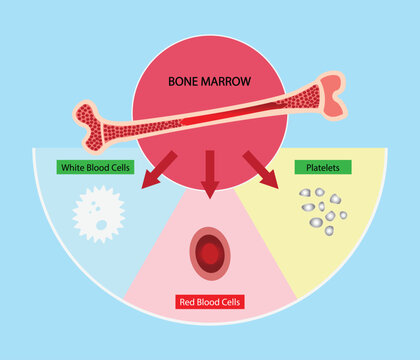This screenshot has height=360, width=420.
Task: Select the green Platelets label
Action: point(315,167)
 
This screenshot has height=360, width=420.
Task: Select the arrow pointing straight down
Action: point(209,172)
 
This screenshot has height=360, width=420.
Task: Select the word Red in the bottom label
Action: point(186,300)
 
